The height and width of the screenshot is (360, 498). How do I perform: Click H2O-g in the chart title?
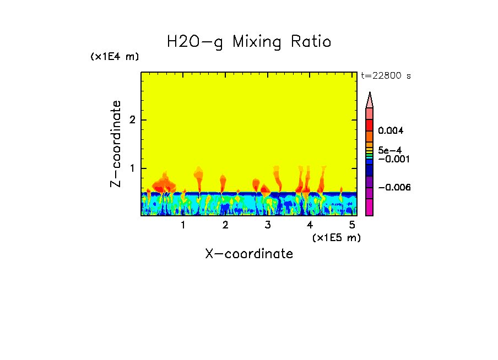[196, 42]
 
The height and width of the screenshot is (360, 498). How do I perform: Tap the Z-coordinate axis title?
[116, 144]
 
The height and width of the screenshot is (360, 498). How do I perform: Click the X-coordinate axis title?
[249, 254]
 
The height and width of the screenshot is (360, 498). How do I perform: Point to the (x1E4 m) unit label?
[115, 57]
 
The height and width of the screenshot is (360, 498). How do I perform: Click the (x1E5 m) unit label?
[336, 237]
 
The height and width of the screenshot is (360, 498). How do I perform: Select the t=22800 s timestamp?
[386, 76]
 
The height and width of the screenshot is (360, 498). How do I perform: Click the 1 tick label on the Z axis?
[132, 168]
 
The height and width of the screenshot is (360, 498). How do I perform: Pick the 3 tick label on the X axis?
[268, 225]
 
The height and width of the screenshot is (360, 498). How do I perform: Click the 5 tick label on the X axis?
[352, 225]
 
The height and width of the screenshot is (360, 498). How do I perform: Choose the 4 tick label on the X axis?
[310, 225]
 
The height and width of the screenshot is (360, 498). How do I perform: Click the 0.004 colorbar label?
[391, 131]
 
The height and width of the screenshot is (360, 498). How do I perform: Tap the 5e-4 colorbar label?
[389, 150]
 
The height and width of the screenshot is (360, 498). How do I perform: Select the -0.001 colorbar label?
[392, 159]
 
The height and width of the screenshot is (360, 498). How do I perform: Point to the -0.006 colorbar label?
[392, 187]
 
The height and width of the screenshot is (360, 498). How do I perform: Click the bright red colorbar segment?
[370, 124]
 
